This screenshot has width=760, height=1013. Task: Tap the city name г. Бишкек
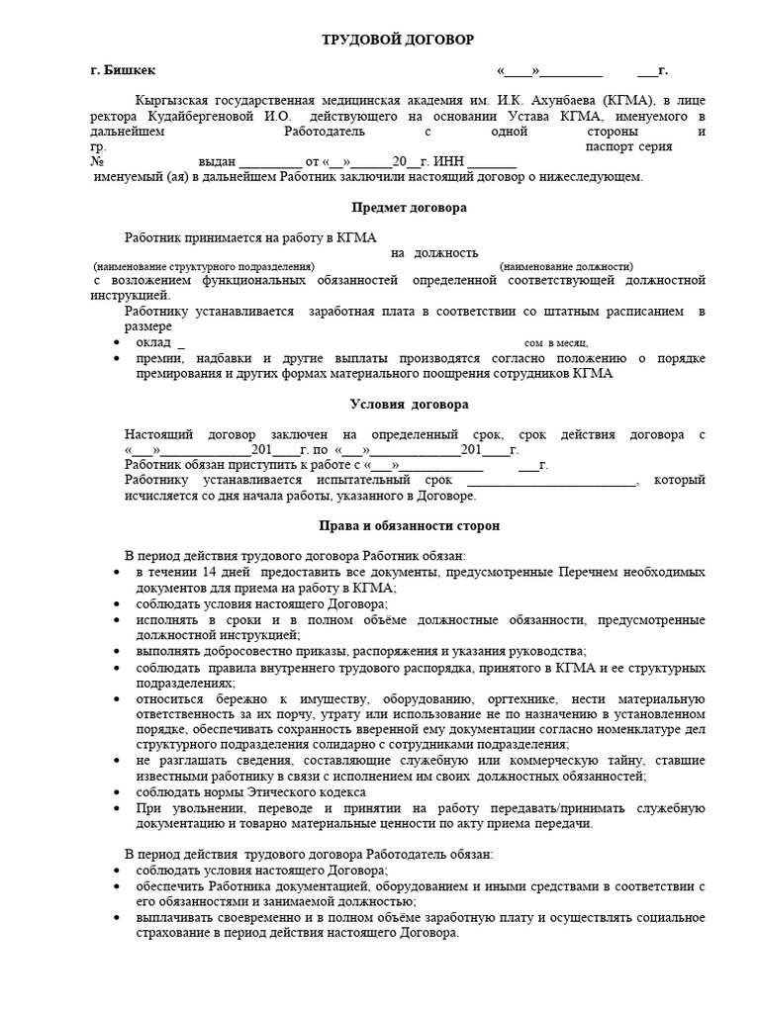pyautogui.click(x=122, y=71)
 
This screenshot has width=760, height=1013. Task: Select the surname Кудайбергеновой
pyautogui.click(x=207, y=116)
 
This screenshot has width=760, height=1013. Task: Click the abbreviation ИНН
pyautogui.click(x=447, y=162)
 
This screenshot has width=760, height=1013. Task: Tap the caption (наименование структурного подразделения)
pyautogui.click(x=205, y=267)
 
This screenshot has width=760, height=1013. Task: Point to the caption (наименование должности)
pyautogui.click(x=566, y=267)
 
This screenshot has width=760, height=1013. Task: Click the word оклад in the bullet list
pyautogui.click(x=152, y=341)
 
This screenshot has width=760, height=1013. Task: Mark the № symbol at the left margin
pyautogui.click(x=97, y=162)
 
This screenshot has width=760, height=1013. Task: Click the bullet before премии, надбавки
pyautogui.click(x=119, y=358)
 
